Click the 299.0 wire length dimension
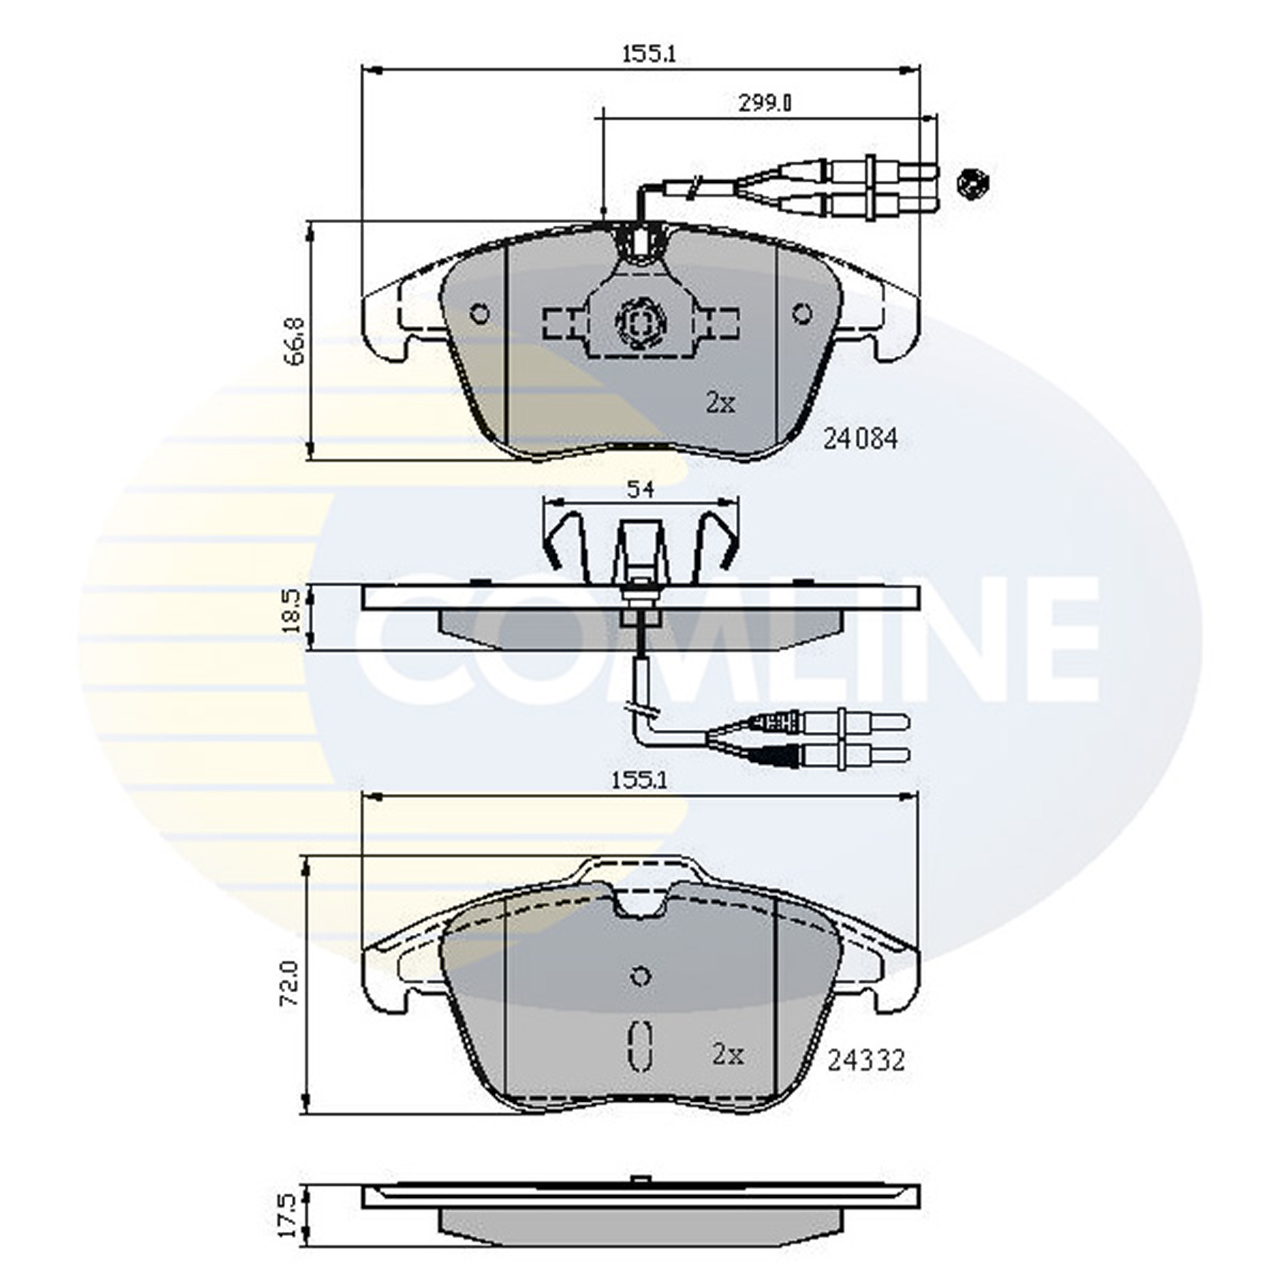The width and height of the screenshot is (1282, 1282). pyautogui.click(x=765, y=103)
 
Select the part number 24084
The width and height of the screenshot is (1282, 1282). pyautogui.click(x=861, y=439)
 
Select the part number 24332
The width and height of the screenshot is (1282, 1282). pyautogui.click(x=866, y=1060)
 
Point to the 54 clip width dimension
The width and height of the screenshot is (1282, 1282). pyautogui.click(x=640, y=489)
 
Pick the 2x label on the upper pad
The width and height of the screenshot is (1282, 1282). pyautogui.click(x=720, y=403)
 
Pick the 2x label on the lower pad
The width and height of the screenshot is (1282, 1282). pyautogui.click(x=728, y=1055)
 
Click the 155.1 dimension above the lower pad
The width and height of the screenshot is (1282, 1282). pyautogui.click(x=640, y=780)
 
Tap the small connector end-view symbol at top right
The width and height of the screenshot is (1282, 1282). pyautogui.click(x=973, y=183)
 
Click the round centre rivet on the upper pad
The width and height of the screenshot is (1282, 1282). pyautogui.click(x=640, y=325)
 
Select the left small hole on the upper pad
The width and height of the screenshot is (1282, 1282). pyautogui.click(x=479, y=312)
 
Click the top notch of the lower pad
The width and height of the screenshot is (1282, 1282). pyautogui.click(x=640, y=905)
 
